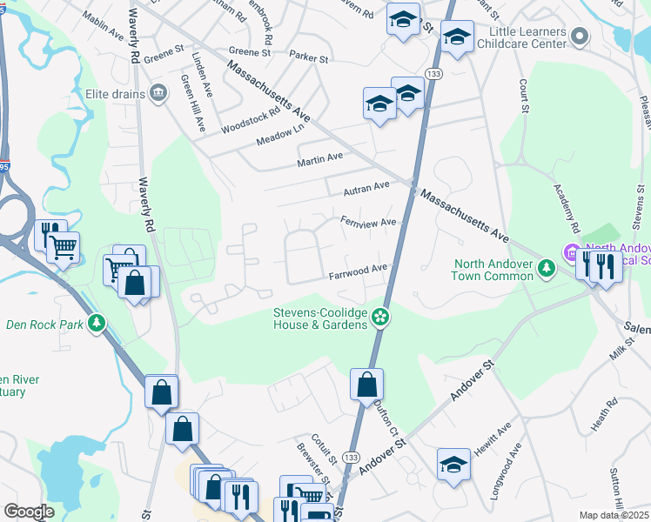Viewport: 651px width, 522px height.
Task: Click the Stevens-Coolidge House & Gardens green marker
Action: [x=379, y=318]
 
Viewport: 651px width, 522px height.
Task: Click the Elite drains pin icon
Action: [x=158, y=93]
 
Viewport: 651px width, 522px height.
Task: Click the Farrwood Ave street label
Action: [x=357, y=275]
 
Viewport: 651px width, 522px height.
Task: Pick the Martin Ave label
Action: [x=320, y=158]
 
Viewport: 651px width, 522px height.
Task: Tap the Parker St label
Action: [x=309, y=59]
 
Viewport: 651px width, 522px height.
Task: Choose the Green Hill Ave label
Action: [x=192, y=103]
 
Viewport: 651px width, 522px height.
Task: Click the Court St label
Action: [x=525, y=97]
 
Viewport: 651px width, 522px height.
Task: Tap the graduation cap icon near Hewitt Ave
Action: [x=453, y=465]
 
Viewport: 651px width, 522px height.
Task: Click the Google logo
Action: [x=30, y=512]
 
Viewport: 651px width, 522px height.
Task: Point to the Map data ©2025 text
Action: [x=613, y=515]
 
